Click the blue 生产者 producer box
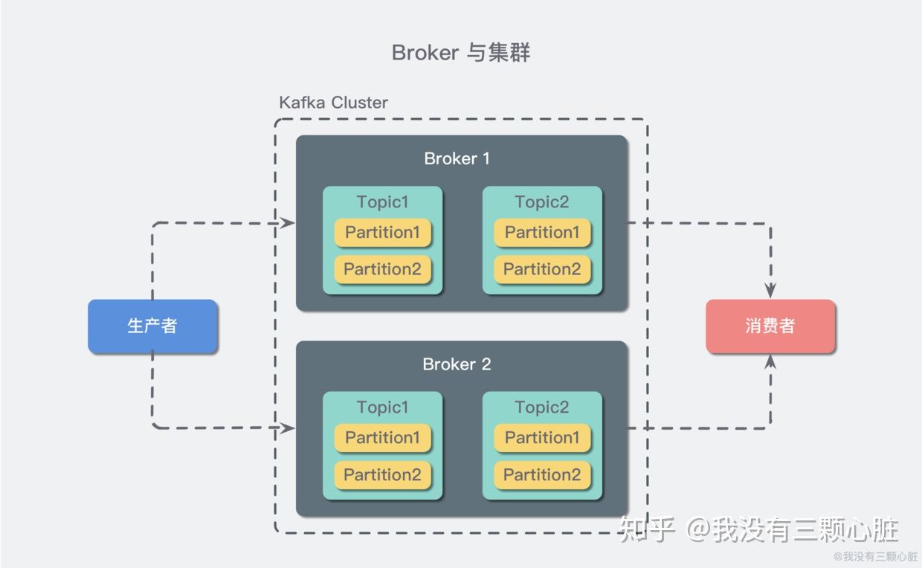[x=152, y=326]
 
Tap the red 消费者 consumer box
[x=770, y=326]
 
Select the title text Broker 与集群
[x=461, y=53]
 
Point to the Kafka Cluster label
[x=333, y=102]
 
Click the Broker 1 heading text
[x=457, y=158]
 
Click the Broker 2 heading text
[x=457, y=364]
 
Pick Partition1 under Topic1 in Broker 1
[x=382, y=233]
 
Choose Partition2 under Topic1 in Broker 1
[x=382, y=269]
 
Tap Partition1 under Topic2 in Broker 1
[x=542, y=233]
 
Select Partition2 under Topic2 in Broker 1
[x=542, y=269]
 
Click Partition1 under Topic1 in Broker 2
[x=382, y=438]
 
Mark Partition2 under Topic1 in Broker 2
[x=382, y=474]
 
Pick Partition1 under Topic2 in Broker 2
[x=542, y=438]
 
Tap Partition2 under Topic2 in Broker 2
[x=542, y=474]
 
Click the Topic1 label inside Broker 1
[x=382, y=201]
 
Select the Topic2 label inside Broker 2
[x=542, y=407]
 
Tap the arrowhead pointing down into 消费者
[x=770, y=291]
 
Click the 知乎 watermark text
[x=647, y=530]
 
